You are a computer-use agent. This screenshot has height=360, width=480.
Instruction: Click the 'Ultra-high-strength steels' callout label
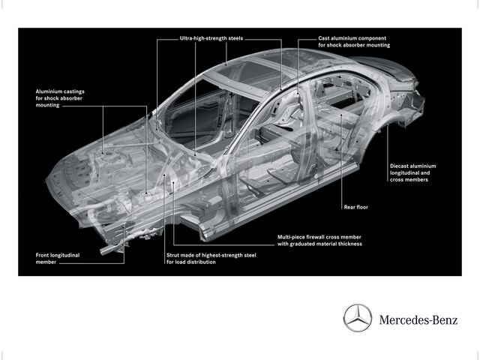[211, 38]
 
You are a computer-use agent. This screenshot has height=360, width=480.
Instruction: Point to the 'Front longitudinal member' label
[58, 259]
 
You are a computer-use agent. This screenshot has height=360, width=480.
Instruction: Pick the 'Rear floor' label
[356, 207]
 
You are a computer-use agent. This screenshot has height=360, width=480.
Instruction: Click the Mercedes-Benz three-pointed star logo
[358, 318]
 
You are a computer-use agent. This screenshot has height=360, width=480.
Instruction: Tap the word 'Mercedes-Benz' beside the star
[418, 320]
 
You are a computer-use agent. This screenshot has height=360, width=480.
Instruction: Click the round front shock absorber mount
[108, 153]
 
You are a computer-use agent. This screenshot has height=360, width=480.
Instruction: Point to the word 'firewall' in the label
[315, 237]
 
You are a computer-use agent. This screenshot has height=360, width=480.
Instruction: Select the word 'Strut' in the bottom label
[173, 255]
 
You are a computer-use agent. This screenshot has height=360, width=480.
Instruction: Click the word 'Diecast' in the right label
[400, 166]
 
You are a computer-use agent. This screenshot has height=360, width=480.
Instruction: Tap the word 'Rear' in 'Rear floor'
[349, 207]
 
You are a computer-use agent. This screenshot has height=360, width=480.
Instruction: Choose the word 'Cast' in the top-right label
[324, 38]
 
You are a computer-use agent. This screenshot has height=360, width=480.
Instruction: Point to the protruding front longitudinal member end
[105, 250]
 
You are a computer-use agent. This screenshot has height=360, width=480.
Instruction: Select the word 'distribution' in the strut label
[202, 262]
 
